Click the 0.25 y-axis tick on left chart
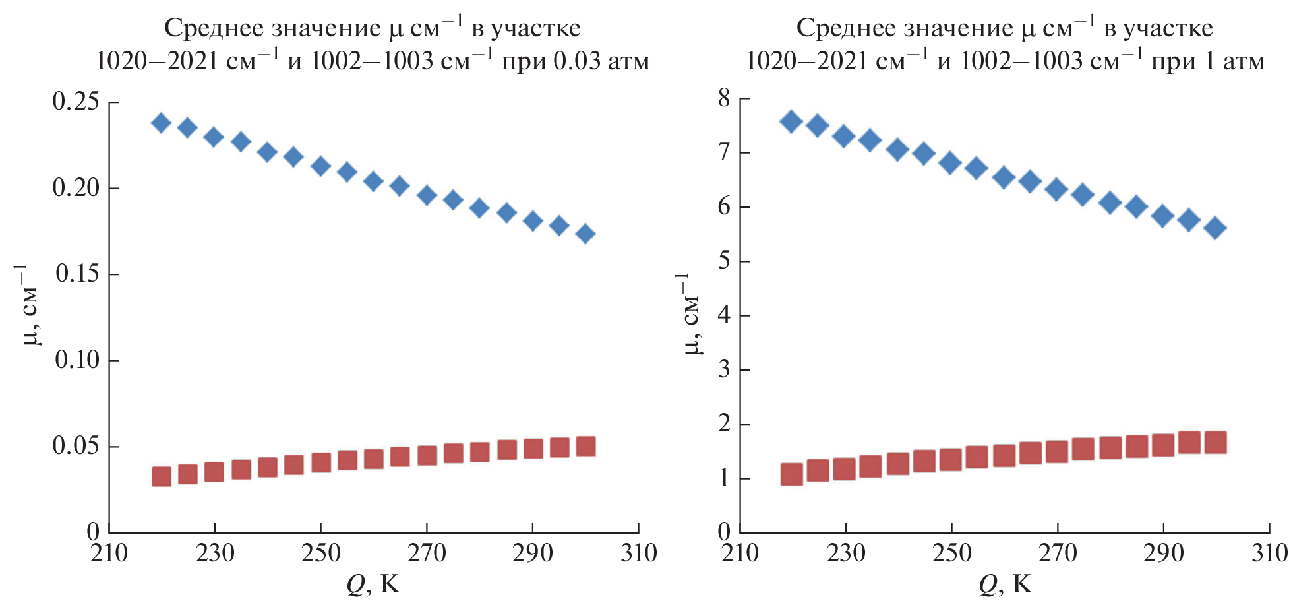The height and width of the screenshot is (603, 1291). (x=76, y=102)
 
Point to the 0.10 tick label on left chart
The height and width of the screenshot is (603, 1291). (x=76, y=360)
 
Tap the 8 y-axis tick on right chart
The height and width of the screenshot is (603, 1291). (x=724, y=99)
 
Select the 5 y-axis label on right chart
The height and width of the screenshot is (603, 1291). (x=724, y=261)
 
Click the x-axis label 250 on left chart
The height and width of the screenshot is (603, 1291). (x=320, y=553)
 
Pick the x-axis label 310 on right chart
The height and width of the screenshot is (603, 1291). (x=1270, y=553)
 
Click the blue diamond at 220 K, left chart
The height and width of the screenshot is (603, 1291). (x=161, y=123)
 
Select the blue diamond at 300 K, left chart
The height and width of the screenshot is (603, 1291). (x=585, y=234)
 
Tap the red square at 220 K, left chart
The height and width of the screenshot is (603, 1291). (x=162, y=476)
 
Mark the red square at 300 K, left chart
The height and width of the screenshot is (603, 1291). (x=585, y=447)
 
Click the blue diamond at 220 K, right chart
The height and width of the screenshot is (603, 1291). (x=791, y=121)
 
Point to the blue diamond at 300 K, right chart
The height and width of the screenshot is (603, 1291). (x=1215, y=229)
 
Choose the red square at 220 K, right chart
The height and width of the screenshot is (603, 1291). (x=792, y=474)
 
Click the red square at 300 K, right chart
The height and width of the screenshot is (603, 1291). (x=1215, y=442)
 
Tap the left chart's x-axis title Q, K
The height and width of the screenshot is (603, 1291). (x=373, y=585)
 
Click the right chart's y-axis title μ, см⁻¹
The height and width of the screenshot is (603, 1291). (x=690, y=313)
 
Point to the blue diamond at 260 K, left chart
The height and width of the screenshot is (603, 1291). (x=373, y=181)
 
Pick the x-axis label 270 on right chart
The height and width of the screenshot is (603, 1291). (x=1058, y=553)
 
